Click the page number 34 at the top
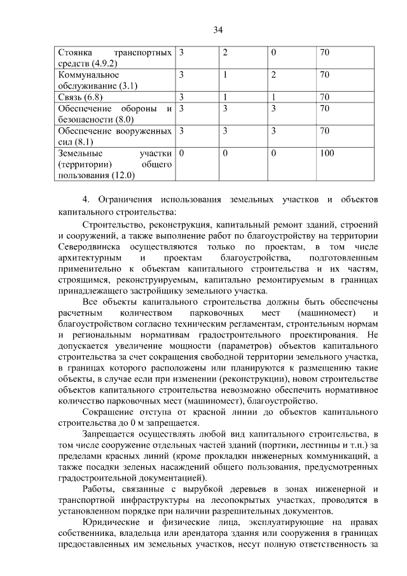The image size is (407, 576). [218, 30]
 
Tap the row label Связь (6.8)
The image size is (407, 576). [80, 97]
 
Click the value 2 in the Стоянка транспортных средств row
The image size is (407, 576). [225, 52]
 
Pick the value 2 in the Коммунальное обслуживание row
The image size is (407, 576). [273, 74]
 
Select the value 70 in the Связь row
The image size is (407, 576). [325, 97]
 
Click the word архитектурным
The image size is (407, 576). [88, 259]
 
